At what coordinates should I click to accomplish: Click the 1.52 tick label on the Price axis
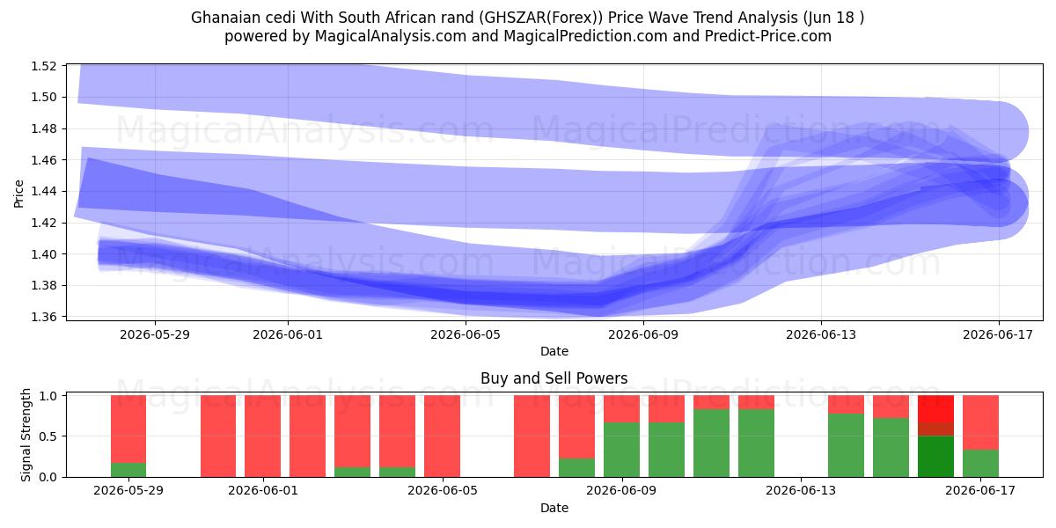[x=43, y=66]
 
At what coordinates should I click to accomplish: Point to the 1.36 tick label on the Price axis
[x=43, y=317]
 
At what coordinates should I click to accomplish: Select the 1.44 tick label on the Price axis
[x=43, y=192]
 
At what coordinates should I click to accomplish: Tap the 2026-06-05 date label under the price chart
[x=466, y=334]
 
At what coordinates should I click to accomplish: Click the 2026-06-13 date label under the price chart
[x=821, y=334]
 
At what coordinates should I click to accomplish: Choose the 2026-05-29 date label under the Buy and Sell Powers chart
[x=128, y=491]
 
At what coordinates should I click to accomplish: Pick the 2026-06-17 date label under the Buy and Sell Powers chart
[x=980, y=491]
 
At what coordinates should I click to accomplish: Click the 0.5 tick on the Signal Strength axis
[x=48, y=436]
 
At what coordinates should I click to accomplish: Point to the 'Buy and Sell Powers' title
[x=554, y=378]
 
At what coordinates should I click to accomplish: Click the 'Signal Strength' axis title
[x=26, y=435]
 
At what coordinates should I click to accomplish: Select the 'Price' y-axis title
[x=18, y=194]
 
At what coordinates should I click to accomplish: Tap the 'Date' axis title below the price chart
[x=554, y=351]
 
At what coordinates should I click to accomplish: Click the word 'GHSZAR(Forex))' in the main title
[x=541, y=18]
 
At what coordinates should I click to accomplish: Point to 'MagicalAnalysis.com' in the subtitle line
[x=391, y=36]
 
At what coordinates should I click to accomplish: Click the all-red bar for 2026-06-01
[x=262, y=436]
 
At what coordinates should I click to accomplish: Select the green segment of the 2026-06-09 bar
[x=622, y=450]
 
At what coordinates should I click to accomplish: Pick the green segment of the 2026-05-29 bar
[x=128, y=470]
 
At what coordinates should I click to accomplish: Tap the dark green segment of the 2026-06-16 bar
[x=935, y=457]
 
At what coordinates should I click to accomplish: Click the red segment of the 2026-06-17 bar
[x=980, y=422]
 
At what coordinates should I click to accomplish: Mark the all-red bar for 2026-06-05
[x=442, y=436]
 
